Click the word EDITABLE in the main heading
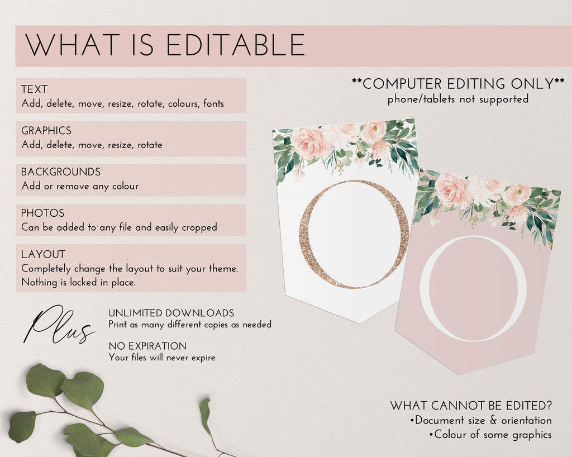click(x=236, y=45)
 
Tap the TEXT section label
click(x=34, y=89)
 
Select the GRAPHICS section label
click(x=46, y=131)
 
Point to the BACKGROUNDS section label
click(x=61, y=172)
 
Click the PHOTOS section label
click(x=42, y=213)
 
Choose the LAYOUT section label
click(x=44, y=254)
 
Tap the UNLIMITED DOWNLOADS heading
click(x=171, y=313)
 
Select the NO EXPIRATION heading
click(x=147, y=346)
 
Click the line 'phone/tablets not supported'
click(x=458, y=99)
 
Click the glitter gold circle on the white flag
click(x=303, y=234)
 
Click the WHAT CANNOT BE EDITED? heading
click(x=471, y=406)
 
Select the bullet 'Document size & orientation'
click(x=481, y=420)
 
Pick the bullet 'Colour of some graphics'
click(x=490, y=435)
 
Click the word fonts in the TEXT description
click(x=213, y=103)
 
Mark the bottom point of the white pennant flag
click(x=359, y=323)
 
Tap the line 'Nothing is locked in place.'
click(x=78, y=282)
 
